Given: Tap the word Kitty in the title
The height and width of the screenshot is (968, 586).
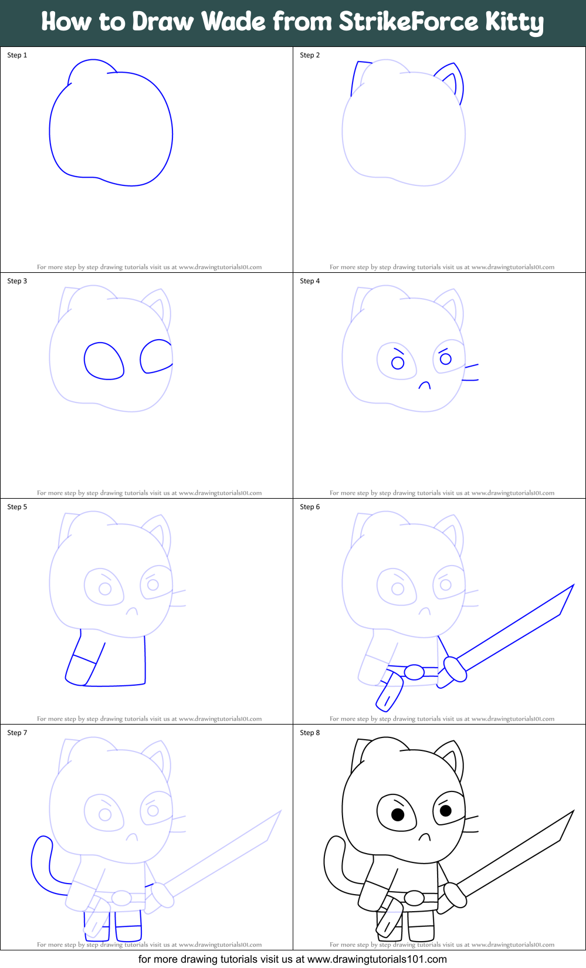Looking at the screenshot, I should click(x=514, y=23).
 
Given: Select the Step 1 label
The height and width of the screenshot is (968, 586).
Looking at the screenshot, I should click(x=17, y=55).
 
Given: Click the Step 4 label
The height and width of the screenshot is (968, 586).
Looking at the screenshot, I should click(x=310, y=281).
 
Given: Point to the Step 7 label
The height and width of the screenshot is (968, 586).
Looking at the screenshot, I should click(x=17, y=733).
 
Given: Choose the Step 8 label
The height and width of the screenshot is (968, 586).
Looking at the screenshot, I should click(x=310, y=733).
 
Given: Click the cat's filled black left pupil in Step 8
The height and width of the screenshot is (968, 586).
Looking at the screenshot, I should click(x=398, y=814).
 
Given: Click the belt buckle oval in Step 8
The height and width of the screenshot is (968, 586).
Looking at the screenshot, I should click(x=414, y=898).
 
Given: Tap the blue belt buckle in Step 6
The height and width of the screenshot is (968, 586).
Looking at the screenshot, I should click(x=414, y=672).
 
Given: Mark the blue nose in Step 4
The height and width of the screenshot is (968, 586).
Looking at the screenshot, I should click(x=424, y=385).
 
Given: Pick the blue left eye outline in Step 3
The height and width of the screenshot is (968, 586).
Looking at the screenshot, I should click(x=104, y=361).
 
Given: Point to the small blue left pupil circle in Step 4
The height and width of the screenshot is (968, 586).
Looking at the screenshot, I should click(x=398, y=363).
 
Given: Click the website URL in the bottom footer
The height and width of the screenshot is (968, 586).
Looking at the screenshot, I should click(x=377, y=959).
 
